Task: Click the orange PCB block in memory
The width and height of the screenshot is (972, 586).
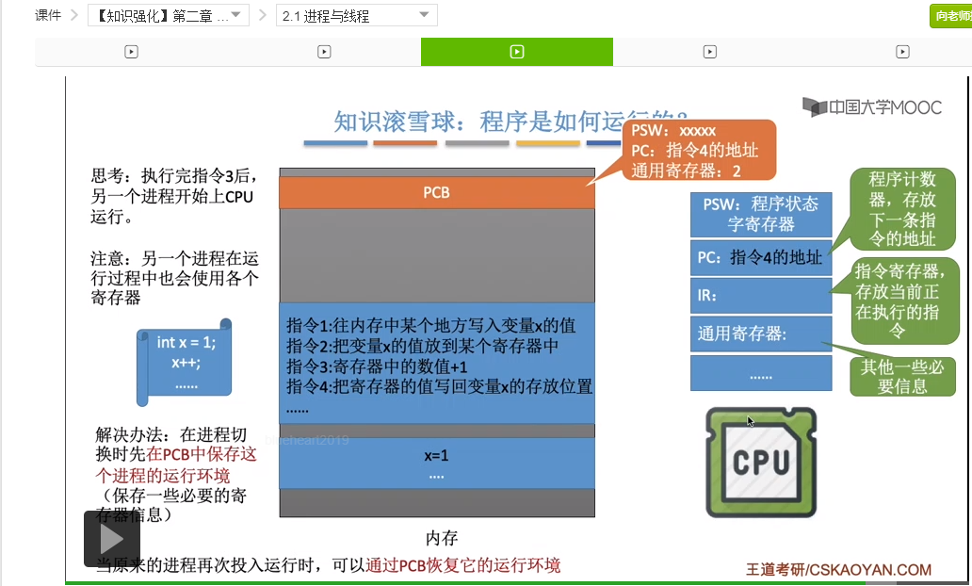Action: click(x=436, y=192)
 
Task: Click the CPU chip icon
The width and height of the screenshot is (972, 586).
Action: click(x=761, y=463)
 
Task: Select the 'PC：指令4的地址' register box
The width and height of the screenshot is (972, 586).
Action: click(x=760, y=256)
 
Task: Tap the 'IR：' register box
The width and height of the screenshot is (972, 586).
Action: click(x=760, y=295)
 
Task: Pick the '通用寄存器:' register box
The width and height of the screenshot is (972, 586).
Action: click(x=760, y=334)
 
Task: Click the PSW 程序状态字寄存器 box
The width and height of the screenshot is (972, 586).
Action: click(x=760, y=214)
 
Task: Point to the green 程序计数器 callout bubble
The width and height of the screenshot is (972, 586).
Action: click(x=901, y=208)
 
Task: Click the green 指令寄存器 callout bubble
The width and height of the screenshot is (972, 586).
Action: click(x=903, y=301)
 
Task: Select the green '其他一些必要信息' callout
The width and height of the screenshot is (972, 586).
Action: click(x=902, y=376)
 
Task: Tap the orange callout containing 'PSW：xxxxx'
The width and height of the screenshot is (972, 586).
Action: click(x=698, y=150)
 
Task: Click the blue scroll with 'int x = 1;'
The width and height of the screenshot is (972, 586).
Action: click(x=186, y=363)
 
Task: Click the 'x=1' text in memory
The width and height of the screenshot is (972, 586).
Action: click(x=436, y=456)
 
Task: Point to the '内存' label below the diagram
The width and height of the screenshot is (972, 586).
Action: click(x=441, y=538)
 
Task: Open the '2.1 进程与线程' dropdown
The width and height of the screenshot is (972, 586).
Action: click(x=358, y=15)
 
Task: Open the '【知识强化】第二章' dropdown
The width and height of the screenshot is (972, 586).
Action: click(x=169, y=15)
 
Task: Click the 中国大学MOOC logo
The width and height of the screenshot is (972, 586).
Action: click(x=872, y=107)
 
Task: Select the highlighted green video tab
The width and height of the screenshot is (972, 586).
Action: click(x=516, y=52)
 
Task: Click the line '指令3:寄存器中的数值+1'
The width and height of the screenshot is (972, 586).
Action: click(x=378, y=366)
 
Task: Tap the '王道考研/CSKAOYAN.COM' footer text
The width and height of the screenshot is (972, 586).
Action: click(x=838, y=569)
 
